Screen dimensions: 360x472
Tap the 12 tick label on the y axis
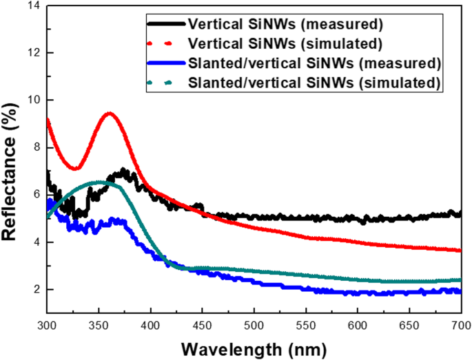pos(32,53)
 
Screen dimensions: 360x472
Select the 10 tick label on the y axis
pos(32,100)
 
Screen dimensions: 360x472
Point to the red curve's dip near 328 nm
pos(76,168)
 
